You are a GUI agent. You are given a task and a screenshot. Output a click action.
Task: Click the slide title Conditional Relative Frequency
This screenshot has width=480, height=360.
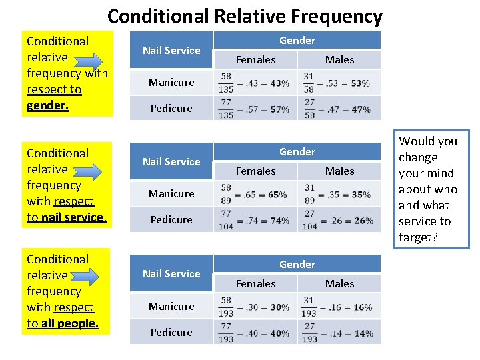[x=245, y=16]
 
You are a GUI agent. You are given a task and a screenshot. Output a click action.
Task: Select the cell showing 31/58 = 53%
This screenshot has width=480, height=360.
[x=337, y=83]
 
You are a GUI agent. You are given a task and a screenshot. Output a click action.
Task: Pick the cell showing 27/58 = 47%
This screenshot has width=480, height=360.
[x=337, y=108]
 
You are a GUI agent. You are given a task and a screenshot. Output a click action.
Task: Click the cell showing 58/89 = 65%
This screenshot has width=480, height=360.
[x=255, y=194]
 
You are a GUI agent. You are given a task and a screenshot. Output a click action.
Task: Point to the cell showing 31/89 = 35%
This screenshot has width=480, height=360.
[x=337, y=194]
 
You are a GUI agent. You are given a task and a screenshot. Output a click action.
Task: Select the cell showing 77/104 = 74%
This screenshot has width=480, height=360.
[x=255, y=219]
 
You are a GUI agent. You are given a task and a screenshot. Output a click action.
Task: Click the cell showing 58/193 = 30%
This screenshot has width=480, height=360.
[x=255, y=307]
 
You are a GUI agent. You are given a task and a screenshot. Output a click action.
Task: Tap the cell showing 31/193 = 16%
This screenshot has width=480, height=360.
[x=337, y=307]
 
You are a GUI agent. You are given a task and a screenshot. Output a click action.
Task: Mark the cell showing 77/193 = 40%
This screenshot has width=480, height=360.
[x=255, y=332]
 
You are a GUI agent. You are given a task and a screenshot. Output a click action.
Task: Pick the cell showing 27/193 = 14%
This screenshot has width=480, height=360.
[x=337, y=332]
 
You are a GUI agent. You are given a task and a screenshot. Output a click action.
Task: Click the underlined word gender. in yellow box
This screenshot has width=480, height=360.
[x=47, y=105]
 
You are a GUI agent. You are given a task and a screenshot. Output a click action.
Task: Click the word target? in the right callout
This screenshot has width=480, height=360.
[x=418, y=237]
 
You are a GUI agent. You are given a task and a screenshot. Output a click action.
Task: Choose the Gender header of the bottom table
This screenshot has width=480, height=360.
[x=297, y=264]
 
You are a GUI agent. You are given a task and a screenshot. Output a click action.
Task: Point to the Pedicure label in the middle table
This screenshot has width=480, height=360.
[x=171, y=219]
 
